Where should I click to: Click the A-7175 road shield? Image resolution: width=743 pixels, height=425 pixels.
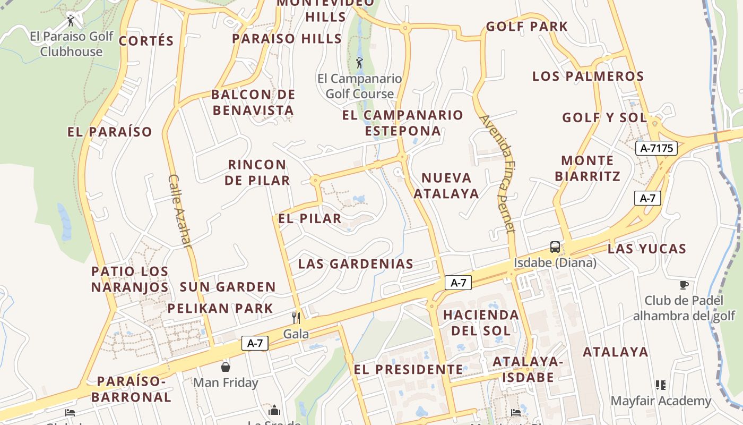656,148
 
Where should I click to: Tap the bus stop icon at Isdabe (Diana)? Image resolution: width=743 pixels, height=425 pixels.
555,247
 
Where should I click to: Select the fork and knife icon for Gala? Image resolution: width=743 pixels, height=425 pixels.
296,318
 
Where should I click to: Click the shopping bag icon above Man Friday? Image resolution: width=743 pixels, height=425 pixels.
226,367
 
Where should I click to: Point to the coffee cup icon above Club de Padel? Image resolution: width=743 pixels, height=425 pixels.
684,285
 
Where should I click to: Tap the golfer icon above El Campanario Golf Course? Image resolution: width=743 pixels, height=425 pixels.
360,63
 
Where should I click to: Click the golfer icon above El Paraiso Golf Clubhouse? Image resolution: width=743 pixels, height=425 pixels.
71,21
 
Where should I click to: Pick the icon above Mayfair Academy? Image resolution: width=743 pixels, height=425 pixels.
661,385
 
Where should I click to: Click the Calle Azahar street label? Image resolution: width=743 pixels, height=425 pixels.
180,211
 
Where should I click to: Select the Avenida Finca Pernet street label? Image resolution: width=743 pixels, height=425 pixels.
498,174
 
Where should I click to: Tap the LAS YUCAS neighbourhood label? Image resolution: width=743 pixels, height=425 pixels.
647,249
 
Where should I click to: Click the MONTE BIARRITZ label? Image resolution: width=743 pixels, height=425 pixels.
588,168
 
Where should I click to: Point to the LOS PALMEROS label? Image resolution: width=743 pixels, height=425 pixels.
588,76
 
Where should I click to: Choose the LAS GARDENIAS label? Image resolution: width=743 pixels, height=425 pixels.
356,263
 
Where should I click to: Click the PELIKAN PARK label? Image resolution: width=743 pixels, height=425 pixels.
220,308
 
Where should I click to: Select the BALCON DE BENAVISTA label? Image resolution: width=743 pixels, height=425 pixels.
253,103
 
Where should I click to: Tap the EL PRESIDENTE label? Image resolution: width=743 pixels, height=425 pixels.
408,369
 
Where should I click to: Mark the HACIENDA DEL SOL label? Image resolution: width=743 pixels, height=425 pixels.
481,322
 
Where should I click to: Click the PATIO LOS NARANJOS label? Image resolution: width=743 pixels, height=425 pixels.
130,279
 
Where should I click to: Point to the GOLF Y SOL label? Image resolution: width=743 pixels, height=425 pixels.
604,117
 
